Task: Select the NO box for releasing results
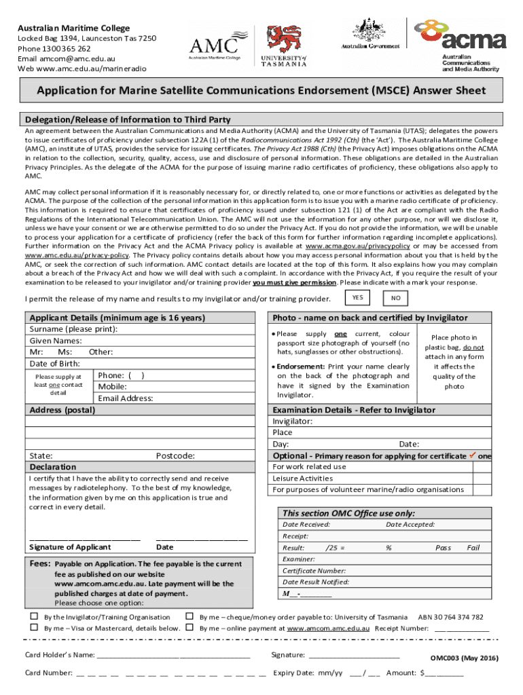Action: (x=395, y=298)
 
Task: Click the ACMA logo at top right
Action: (x=461, y=43)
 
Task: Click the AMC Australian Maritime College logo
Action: (x=215, y=45)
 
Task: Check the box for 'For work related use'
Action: (x=482, y=466)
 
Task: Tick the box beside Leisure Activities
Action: (x=482, y=478)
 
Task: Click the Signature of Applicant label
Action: (x=70, y=547)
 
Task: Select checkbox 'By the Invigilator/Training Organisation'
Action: (x=33, y=617)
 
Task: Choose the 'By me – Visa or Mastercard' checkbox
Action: (x=33, y=628)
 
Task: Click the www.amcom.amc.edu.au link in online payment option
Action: (x=328, y=628)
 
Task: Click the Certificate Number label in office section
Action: (x=314, y=571)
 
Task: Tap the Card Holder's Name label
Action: (x=59, y=655)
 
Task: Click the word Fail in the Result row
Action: (x=473, y=547)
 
